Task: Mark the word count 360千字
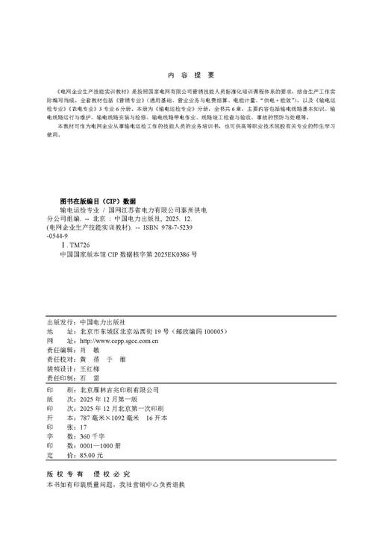tap(91, 438)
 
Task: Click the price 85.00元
tap(91, 456)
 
